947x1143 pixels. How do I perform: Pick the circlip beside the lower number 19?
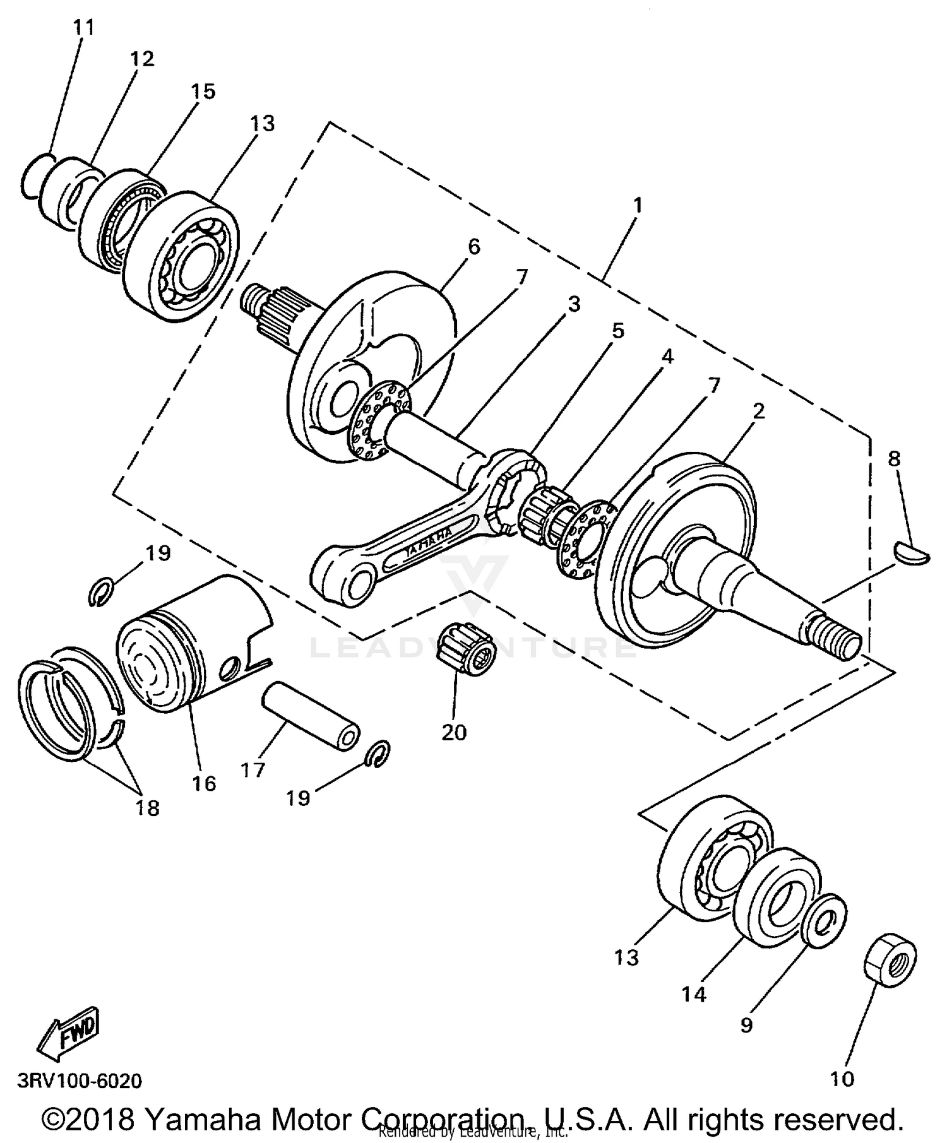click(x=379, y=754)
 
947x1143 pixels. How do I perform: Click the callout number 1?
click(x=638, y=205)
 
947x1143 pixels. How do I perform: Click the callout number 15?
click(x=203, y=92)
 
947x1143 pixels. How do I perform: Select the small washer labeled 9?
click(x=823, y=921)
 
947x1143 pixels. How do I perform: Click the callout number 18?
click(x=147, y=808)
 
